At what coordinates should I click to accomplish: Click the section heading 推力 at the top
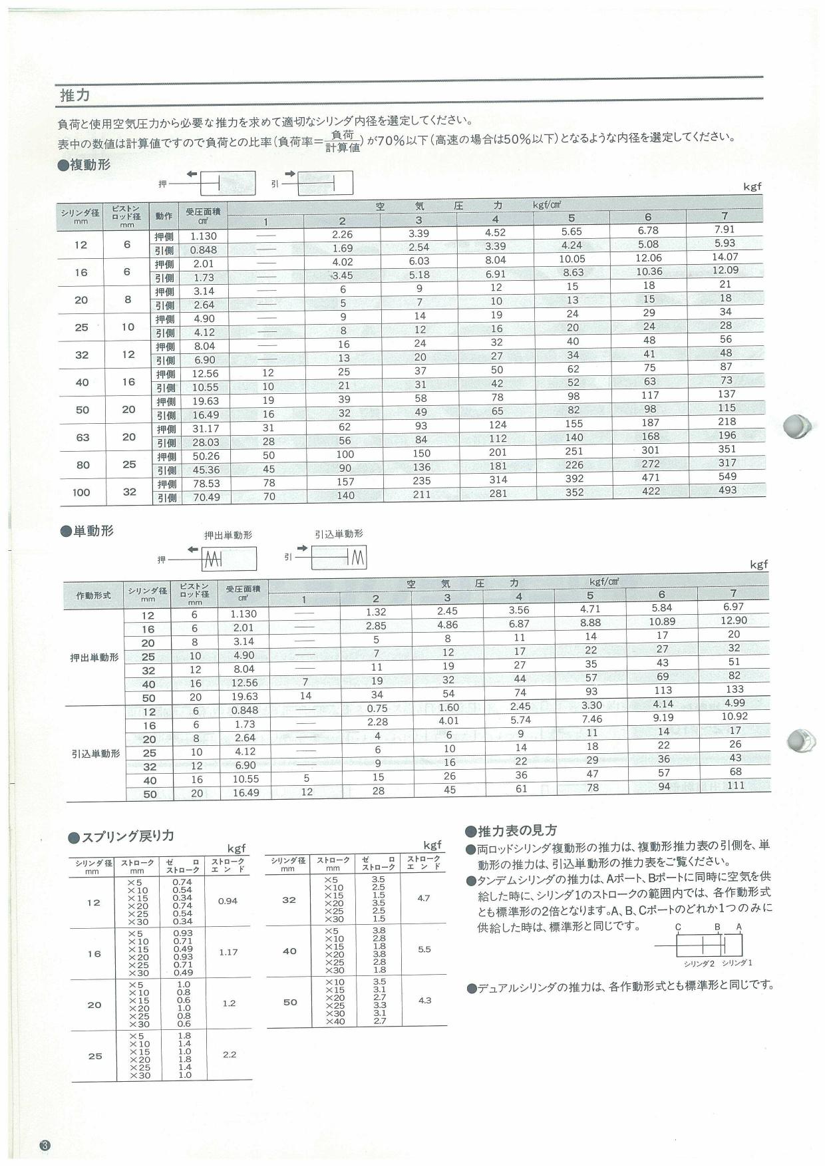point(75,95)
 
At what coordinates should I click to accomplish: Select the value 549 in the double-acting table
point(727,476)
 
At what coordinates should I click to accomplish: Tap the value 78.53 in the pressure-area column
point(204,484)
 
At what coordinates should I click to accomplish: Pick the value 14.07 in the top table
point(725,257)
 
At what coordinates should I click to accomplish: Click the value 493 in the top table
point(727,490)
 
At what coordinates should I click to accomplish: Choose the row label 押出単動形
point(94,657)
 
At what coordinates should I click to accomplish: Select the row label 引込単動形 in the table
point(96,754)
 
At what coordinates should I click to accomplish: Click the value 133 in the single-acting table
point(735,689)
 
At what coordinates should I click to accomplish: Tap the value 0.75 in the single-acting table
point(377,709)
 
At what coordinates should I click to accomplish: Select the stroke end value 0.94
point(228,902)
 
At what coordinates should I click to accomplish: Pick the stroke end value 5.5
point(424,949)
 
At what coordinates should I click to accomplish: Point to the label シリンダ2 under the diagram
point(699,963)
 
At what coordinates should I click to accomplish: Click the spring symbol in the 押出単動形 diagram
point(213,559)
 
